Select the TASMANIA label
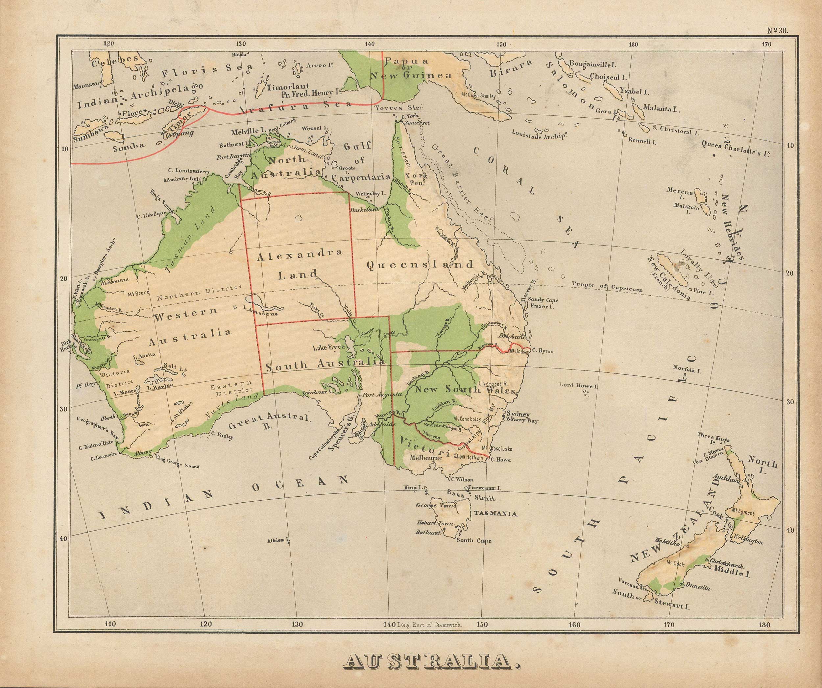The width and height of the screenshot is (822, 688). (x=496, y=514)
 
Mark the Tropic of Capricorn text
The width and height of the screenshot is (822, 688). (x=607, y=287)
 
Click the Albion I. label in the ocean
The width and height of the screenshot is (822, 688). (x=278, y=541)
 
